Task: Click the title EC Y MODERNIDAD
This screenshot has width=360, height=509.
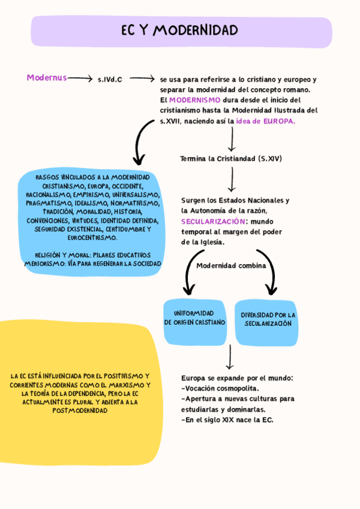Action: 179,31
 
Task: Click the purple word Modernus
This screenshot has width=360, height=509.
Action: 47,77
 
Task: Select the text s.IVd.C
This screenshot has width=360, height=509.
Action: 110,79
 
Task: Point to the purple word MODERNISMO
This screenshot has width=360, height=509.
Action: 194,100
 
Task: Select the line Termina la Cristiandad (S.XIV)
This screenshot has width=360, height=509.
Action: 231,159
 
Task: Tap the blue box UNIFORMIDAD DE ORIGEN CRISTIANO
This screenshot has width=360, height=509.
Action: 195,318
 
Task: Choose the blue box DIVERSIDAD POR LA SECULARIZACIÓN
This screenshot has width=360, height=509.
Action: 268,319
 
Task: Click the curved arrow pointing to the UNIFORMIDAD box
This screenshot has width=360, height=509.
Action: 190,273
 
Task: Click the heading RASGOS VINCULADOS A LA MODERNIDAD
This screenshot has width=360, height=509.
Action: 92,178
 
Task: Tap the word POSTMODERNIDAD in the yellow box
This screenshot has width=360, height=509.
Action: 80,411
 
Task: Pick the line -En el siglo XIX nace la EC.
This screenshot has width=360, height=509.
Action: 227,420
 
